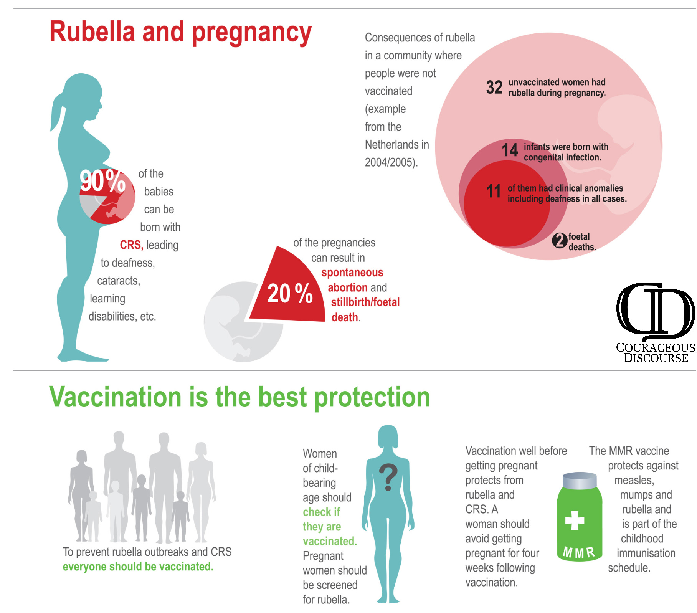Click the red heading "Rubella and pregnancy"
180,32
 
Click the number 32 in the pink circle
494,88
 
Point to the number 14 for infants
510,150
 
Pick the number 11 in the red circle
494,191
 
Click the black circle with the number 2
560,241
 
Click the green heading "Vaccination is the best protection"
239,397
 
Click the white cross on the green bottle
575,520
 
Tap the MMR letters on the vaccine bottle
579,552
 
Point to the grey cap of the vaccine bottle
580,480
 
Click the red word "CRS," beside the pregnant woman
131,245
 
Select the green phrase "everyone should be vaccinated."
138,567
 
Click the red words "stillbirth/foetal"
365,302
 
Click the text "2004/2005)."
391,162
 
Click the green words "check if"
321,512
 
